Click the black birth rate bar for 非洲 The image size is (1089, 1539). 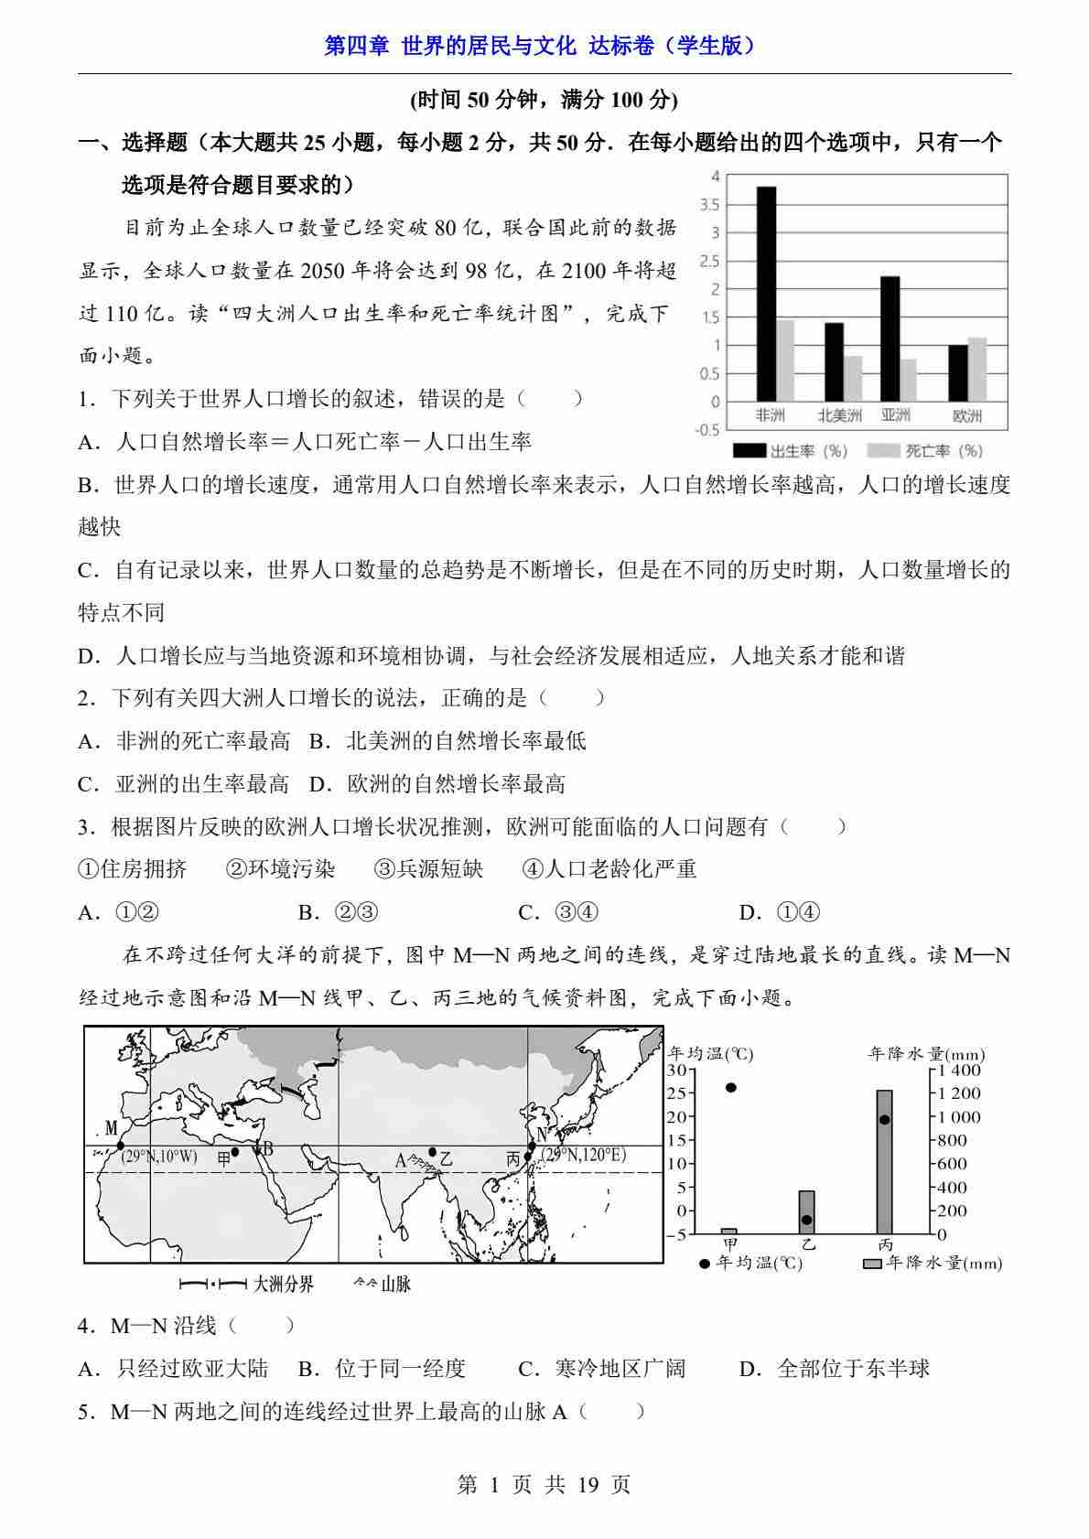point(766,294)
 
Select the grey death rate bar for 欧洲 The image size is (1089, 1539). point(976,370)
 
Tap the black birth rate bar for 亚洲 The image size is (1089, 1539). point(890,339)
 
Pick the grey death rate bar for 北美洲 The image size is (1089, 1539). point(853,378)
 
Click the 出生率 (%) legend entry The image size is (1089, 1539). point(792,450)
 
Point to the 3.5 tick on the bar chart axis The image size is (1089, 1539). point(710,205)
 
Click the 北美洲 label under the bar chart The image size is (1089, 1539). point(839,415)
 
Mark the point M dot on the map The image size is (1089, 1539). point(120,1145)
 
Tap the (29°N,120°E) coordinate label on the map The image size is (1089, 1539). point(585,1155)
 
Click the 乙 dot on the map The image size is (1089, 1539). point(432,1152)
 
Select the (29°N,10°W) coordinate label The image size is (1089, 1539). point(159,1157)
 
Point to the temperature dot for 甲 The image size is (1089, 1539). point(730,1088)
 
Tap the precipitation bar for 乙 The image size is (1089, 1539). point(806,1212)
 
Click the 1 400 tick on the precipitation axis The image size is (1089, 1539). point(959,1070)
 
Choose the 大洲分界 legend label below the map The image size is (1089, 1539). point(283,1285)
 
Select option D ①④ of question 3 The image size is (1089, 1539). point(780,912)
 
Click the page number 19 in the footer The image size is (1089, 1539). point(588,1484)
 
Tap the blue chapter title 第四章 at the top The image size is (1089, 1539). point(358,46)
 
